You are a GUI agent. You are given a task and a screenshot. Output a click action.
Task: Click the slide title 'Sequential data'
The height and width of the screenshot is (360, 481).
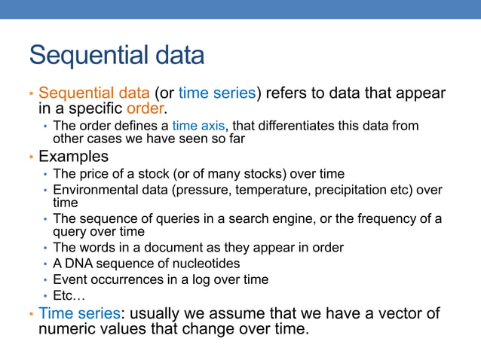[x=116, y=56]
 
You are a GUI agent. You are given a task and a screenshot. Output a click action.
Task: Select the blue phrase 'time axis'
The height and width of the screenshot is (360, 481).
[x=198, y=126]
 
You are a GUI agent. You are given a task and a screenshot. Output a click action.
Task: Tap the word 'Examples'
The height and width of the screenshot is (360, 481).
[x=73, y=157]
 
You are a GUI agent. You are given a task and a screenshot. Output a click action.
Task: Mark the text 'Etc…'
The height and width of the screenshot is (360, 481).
[x=69, y=295]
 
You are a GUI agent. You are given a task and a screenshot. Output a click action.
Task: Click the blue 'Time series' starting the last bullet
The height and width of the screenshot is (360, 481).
[x=79, y=313]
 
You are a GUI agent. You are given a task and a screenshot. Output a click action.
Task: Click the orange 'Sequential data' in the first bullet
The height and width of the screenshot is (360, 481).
[x=94, y=93]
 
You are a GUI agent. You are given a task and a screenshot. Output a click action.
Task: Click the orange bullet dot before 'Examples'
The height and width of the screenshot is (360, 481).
[x=31, y=157]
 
